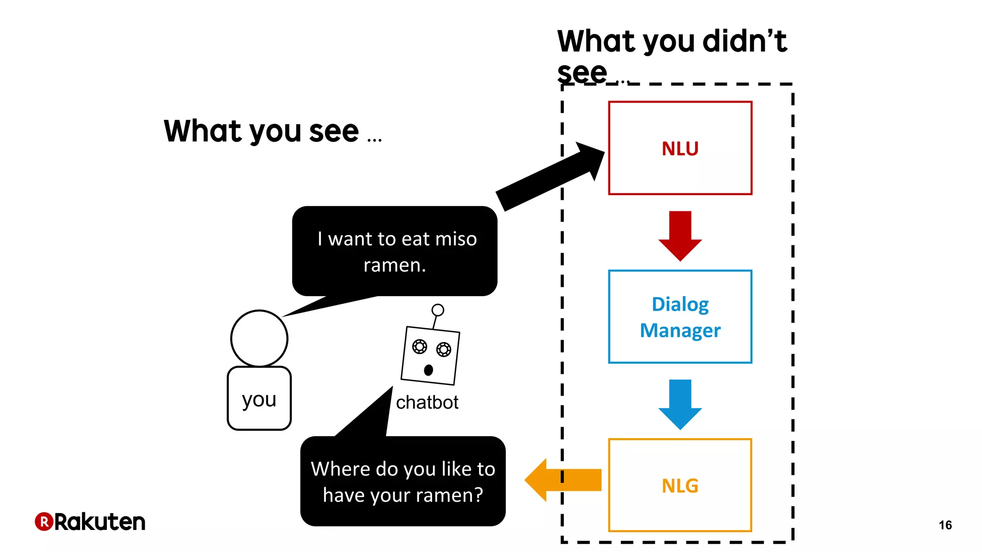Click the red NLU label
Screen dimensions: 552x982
point(679,149)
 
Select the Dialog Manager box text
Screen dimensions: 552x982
point(679,317)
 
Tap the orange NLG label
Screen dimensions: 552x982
point(679,486)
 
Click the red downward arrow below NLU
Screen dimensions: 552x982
point(680,235)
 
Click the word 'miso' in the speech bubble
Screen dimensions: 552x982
point(456,239)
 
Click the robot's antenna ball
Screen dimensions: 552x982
point(437,310)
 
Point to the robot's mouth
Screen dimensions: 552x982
point(428,370)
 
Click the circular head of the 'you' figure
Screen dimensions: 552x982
point(259,338)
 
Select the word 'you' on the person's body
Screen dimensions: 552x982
point(259,399)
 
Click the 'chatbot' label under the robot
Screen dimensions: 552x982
point(427,402)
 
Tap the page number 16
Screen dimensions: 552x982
point(945,525)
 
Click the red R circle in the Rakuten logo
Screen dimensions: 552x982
point(44,521)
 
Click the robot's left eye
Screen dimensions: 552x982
point(419,346)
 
